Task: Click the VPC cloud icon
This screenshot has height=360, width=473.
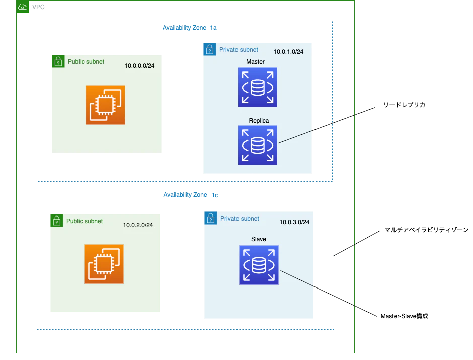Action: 23,7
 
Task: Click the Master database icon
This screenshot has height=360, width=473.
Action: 257,87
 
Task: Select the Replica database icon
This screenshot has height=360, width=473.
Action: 257,145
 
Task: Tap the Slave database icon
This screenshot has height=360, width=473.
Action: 259,265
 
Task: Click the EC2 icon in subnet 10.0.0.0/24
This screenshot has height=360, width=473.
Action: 105,105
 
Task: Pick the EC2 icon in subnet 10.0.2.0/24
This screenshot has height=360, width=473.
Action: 104,264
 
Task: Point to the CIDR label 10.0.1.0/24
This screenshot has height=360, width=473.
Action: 288,52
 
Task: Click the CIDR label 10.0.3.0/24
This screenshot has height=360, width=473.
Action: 294,222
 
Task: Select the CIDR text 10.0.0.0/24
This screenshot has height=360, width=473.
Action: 139,66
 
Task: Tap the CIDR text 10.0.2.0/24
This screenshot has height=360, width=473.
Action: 138,225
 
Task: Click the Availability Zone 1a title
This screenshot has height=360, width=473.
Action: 189,28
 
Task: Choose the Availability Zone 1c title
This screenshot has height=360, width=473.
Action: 190,195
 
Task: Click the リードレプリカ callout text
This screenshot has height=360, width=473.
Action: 404,105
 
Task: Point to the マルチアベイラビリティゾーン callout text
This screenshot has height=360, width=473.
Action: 427,230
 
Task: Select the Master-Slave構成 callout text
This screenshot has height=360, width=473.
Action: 404,316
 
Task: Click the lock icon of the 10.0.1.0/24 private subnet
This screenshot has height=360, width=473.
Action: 210,49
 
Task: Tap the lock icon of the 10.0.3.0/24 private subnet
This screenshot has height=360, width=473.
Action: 210,218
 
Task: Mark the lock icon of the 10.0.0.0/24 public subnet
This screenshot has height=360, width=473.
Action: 58,61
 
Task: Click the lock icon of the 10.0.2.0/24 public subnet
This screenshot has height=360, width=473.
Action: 57,221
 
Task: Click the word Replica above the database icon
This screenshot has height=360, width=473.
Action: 259,121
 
